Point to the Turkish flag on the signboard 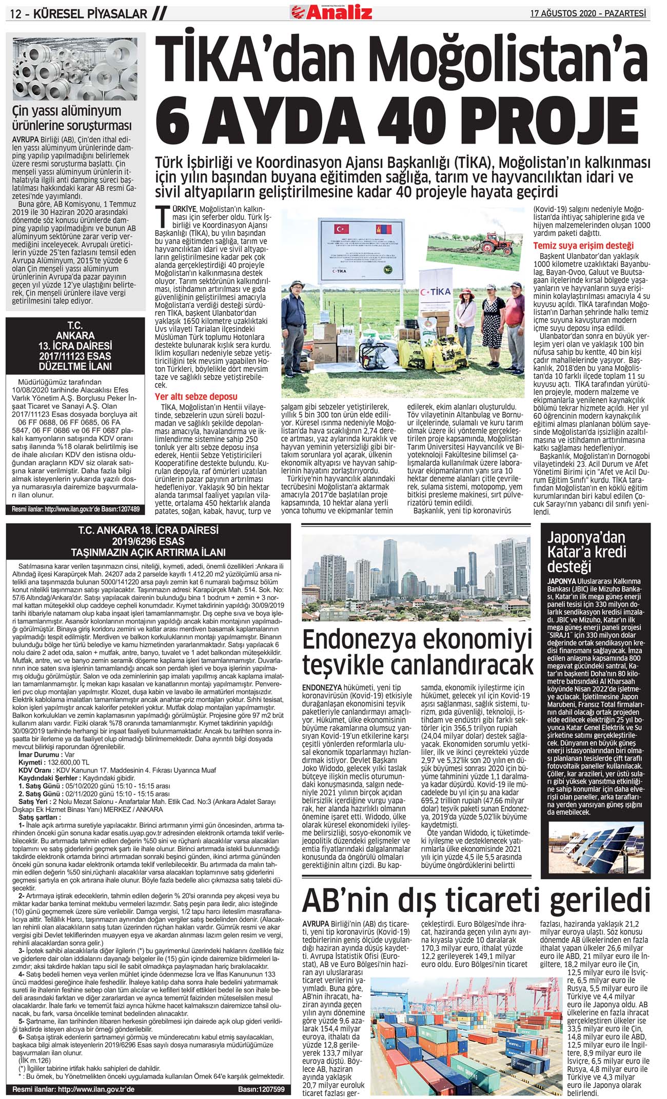[340, 229]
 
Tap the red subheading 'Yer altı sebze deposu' [196, 396]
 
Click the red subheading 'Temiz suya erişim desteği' [583, 246]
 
